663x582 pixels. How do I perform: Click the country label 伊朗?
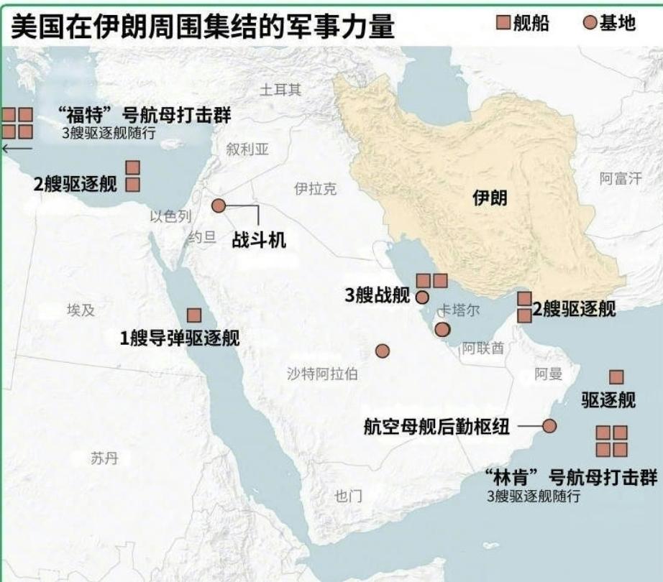pyautogui.click(x=490, y=198)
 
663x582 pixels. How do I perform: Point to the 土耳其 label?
pyautogui.click(x=280, y=90)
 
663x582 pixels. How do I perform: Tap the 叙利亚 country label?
pyautogui.click(x=247, y=149)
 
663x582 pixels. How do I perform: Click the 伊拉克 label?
pyautogui.click(x=315, y=189)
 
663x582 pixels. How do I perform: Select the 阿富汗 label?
pyautogui.click(x=621, y=179)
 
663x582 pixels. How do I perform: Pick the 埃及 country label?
pyautogui.click(x=81, y=310)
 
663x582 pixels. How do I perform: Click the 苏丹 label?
pyautogui.click(x=104, y=458)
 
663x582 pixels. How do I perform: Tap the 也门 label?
pyautogui.click(x=349, y=496)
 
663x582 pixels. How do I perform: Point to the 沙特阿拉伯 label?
pyautogui.click(x=322, y=374)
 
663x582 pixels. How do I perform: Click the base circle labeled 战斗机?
pyautogui.click(x=219, y=206)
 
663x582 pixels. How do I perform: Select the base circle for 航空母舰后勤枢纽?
pyautogui.click(x=549, y=426)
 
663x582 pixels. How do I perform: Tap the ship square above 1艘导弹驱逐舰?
pyautogui.click(x=194, y=315)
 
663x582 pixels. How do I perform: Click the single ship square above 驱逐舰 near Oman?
pyautogui.click(x=616, y=377)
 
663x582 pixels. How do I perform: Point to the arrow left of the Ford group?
pyautogui.click(x=17, y=148)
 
